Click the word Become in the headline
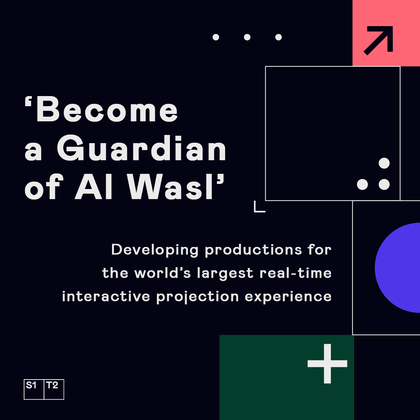(x=107, y=110)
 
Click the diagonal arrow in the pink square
(x=378, y=40)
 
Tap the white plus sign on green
(x=327, y=364)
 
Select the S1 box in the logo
(x=34, y=389)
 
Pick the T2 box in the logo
(x=54, y=389)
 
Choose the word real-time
(x=296, y=273)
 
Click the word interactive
(x=106, y=296)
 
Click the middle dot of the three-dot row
(x=247, y=37)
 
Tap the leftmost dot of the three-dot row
(x=216, y=37)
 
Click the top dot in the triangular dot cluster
(x=384, y=163)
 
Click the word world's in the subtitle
(x=163, y=273)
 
